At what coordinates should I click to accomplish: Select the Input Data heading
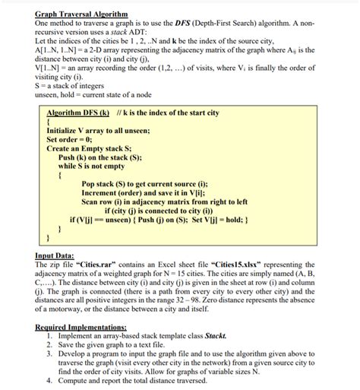[58, 256]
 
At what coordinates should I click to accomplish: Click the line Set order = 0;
[74, 140]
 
